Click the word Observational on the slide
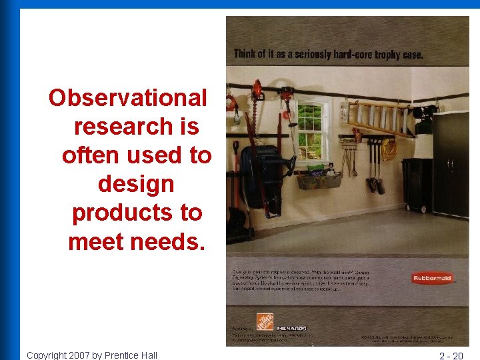[128, 98]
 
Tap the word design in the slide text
[136, 183]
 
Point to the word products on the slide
[137, 213]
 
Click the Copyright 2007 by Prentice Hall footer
[92, 355]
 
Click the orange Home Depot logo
[265, 322]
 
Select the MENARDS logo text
[291, 328]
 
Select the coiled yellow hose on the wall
[389, 150]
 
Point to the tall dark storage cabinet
[451, 163]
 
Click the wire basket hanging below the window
[319, 179]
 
